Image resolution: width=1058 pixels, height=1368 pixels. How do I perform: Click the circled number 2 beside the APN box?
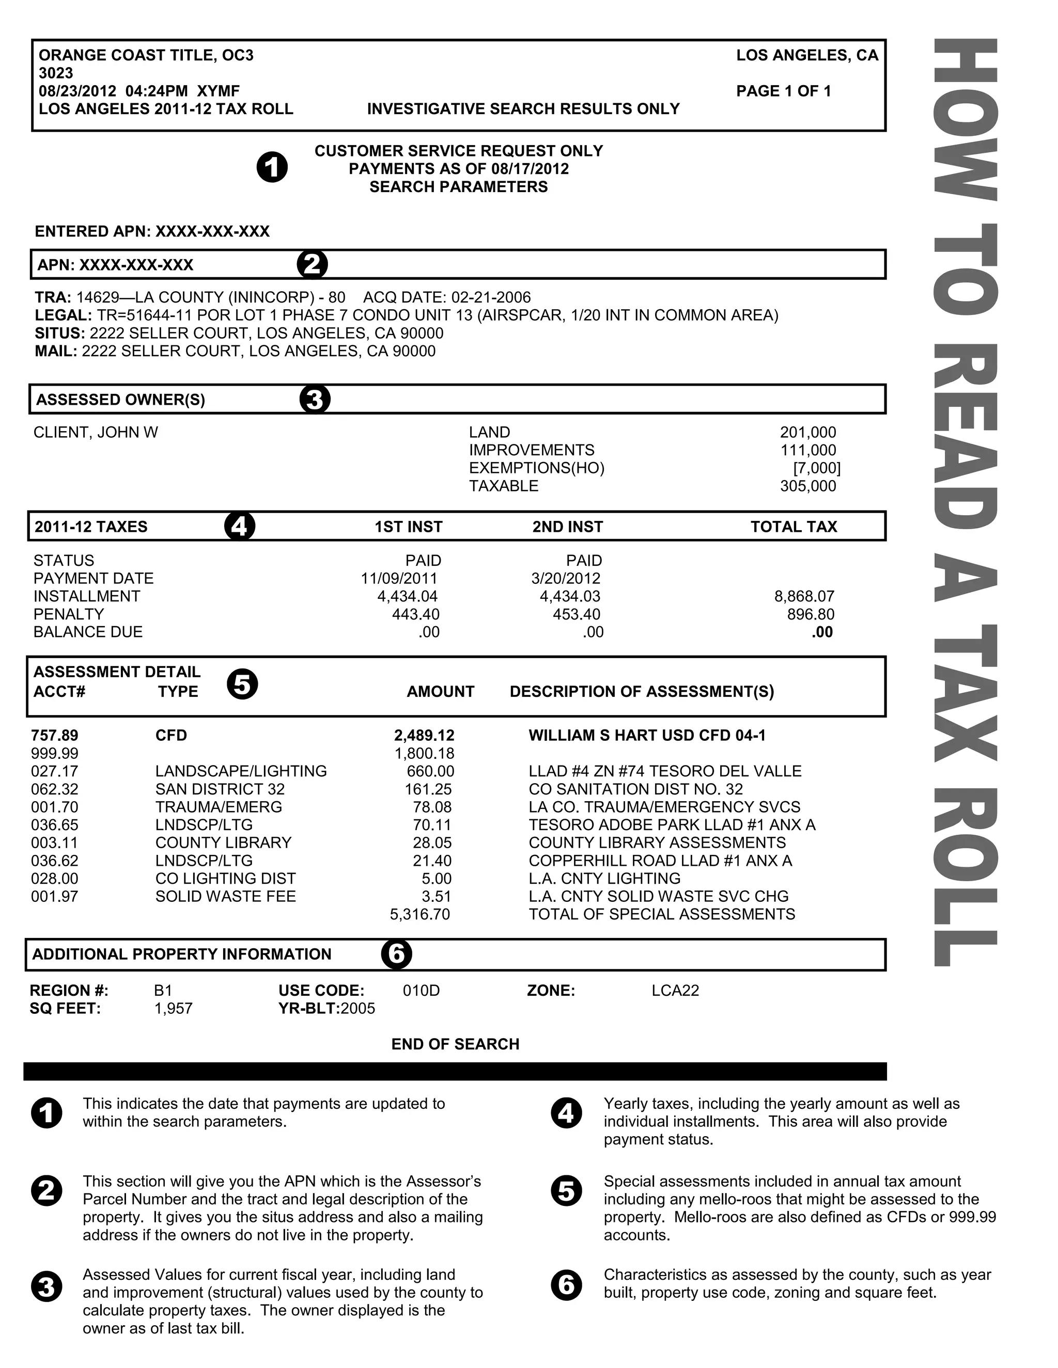click(x=312, y=264)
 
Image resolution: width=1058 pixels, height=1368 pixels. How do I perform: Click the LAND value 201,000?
click(x=807, y=432)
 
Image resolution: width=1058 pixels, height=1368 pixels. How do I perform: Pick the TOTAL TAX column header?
click(x=793, y=527)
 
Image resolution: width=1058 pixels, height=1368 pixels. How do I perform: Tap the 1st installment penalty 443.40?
click(x=415, y=614)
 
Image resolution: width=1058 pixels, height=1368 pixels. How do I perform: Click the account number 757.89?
click(x=55, y=735)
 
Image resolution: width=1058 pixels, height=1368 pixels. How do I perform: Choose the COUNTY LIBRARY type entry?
click(x=223, y=842)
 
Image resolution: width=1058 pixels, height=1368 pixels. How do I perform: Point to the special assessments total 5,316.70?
click(x=419, y=915)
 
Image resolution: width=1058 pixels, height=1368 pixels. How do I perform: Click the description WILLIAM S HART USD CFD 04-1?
click(x=647, y=735)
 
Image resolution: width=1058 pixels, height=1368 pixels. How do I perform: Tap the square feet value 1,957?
click(x=173, y=1009)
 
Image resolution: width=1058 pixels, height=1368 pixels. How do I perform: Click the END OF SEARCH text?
click(x=455, y=1044)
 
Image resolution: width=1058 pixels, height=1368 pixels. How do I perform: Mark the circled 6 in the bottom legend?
click(x=566, y=1285)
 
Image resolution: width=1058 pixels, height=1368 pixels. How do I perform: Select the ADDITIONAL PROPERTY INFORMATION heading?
click(x=182, y=954)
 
